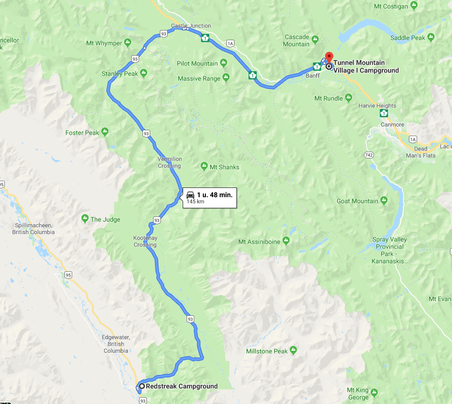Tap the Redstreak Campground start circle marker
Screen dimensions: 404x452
click(x=141, y=386)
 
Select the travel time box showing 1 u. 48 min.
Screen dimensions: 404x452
click(x=209, y=197)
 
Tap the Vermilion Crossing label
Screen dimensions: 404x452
click(x=169, y=162)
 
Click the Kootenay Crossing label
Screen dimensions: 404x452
click(x=145, y=241)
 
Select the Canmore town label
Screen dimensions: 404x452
click(x=392, y=125)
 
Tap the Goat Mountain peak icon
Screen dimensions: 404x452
click(x=384, y=200)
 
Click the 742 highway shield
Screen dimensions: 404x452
click(x=370, y=155)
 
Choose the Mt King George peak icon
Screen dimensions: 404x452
click(x=374, y=392)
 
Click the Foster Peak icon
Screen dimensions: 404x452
click(x=105, y=131)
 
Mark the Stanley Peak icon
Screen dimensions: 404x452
click(x=143, y=74)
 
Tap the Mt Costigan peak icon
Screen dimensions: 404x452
click(x=413, y=6)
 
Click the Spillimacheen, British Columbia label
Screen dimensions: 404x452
click(x=33, y=229)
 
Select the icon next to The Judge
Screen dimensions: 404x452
click(x=85, y=218)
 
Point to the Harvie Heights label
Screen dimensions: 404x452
click(x=377, y=106)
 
